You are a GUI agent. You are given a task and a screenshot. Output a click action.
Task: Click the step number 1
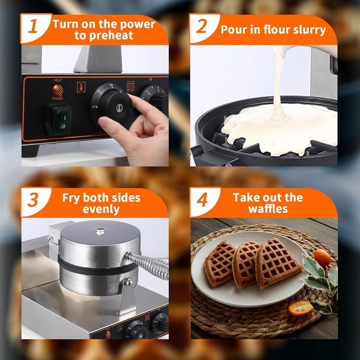(x=33, y=26)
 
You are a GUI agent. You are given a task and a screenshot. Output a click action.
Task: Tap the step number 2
(x=202, y=26)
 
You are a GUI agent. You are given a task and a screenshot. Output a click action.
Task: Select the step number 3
(x=33, y=199)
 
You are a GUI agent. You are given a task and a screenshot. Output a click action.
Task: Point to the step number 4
(x=202, y=199)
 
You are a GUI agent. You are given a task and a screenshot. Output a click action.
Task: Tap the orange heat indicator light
(x=58, y=90)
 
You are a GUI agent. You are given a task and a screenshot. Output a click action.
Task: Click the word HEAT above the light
(x=58, y=81)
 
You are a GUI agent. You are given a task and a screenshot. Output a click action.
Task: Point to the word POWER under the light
(x=57, y=99)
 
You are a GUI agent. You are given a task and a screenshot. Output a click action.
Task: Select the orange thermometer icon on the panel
(x=81, y=87)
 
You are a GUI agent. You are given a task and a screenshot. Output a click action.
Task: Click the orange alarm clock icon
(x=130, y=86)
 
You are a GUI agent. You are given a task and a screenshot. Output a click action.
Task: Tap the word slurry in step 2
(x=310, y=30)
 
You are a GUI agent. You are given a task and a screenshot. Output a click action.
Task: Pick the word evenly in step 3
(x=101, y=209)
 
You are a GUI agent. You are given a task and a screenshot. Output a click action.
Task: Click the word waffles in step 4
(x=268, y=209)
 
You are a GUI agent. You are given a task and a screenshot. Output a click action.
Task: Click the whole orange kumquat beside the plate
(x=323, y=257)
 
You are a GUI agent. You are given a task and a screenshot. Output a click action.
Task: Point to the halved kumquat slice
(x=301, y=308)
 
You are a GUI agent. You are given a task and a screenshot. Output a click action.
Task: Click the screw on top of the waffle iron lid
(x=100, y=231)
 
